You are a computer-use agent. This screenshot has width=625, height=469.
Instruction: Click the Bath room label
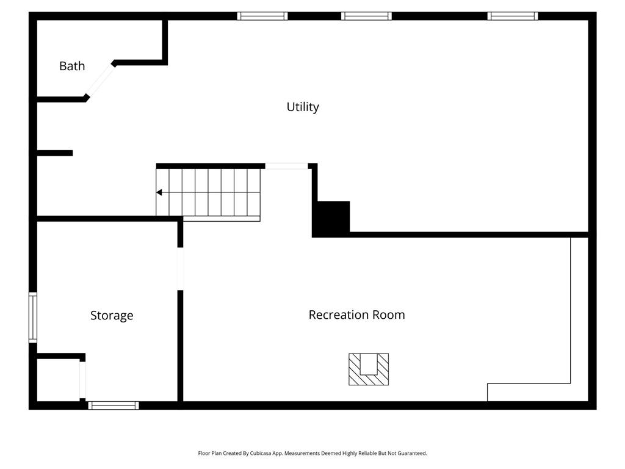point(72,66)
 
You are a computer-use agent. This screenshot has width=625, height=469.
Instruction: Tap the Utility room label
point(303,107)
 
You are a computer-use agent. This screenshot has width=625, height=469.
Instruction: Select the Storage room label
point(112,316)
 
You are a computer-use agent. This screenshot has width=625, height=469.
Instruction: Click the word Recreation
point(339,314)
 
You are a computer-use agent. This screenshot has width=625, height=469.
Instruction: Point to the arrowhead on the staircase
point(159,192)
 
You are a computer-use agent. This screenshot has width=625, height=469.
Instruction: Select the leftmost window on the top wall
point(262,16)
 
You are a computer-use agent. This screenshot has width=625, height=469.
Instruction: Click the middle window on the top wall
point(366,16)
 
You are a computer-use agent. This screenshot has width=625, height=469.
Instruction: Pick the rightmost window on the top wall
point(513,16)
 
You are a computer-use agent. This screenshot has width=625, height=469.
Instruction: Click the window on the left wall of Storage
point(33,318)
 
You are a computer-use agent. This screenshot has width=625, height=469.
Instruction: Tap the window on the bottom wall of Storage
point(114,405)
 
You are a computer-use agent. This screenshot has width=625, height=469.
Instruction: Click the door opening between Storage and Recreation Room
point(180,269)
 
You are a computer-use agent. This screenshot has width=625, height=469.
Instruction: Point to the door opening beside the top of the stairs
point(287,166)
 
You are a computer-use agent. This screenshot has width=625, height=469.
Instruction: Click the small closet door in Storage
point(82,380)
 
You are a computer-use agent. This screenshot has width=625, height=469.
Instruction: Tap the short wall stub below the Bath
point(55,153)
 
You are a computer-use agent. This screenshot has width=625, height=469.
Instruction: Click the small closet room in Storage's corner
point(58,380)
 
